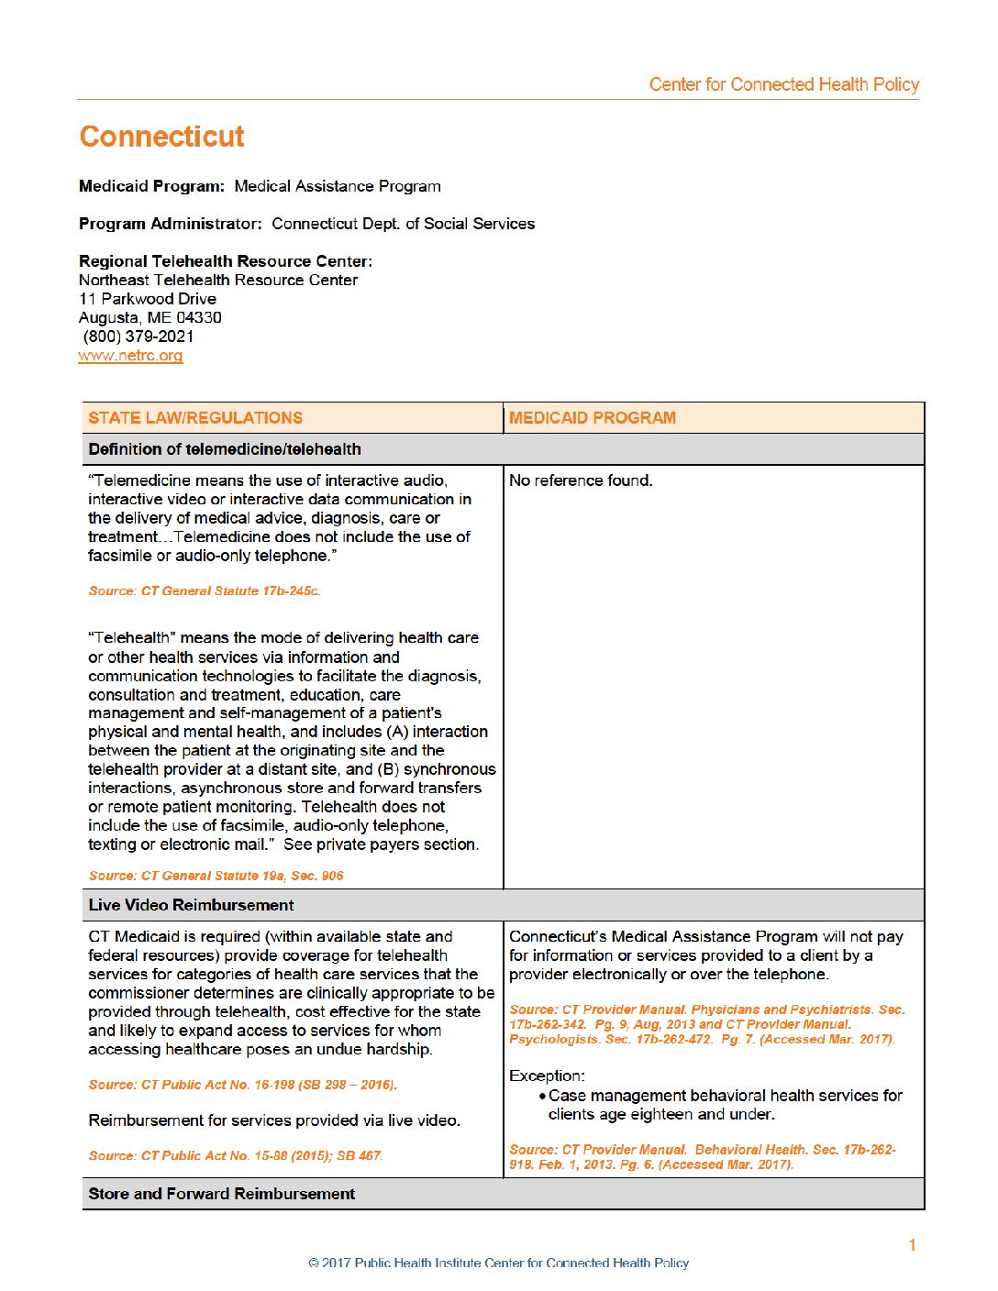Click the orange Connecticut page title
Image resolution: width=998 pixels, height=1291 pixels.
(161, 137)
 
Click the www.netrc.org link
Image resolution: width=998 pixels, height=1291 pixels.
(130, 356)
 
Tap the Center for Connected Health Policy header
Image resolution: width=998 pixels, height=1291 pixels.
(783, 84)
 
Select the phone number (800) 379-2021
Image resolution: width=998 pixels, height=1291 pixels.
(139, 337)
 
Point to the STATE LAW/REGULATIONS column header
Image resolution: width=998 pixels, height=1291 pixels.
(195, 418)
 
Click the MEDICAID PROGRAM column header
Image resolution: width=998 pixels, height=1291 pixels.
(592, 418)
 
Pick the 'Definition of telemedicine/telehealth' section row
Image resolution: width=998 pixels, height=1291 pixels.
(225, 449)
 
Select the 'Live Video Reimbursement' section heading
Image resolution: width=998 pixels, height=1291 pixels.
(191, 905)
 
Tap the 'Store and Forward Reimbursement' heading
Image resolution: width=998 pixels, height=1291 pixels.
(221, 1194)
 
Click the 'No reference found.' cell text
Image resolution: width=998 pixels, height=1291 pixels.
(581, 480)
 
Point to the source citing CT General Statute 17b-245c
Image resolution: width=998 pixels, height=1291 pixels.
(205, 591)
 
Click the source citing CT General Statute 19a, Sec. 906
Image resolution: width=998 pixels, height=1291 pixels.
(216, 876)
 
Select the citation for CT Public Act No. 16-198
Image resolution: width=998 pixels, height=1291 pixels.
(242, 1085)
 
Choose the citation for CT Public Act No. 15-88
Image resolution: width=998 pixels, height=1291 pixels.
(235, 1155)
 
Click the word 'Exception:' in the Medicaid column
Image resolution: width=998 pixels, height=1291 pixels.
(547, 1076)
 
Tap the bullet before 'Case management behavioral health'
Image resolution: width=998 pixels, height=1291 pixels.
(543, 1097)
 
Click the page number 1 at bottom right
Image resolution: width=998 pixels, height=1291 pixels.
(912, 1244)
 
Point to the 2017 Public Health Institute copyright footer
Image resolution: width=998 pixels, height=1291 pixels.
(498, 1263)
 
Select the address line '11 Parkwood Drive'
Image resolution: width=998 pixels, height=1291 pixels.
(148, 299)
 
